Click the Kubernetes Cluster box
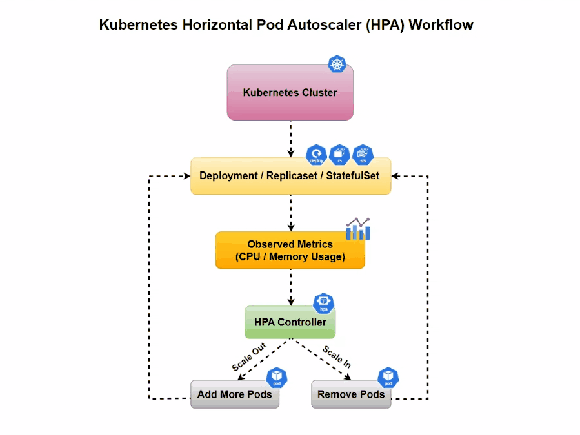pyautogui.click(x=290, y=93)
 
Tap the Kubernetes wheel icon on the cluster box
pyautogui.click(x=337, y=64)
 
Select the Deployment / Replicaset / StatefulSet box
pyautogui.click(x=290, y=176)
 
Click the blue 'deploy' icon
pyautogui.click(x=316, y=155)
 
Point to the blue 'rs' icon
pyautogui.click(x=339, y=155)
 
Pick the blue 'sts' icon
pyautogui.click(x=363, y=155)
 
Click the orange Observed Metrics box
pyautogui.click(x=290, y=251)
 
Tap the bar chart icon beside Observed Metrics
pyautogui.click(x=358, y=229)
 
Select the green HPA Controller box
pyautogui.click(x=290, y=322)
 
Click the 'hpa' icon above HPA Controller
pyautogui.click(x=323, y=302)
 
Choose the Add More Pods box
pyautogui.click(x=235, y=394)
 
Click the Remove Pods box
pyautogui.click(x=351, y=394)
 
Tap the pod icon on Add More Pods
pyautogui.click(x=277, y=377)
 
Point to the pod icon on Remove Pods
pyautogui.click(x=388, y=377)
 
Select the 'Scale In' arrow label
pyautogui.click(x=337, y=356)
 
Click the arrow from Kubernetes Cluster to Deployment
pyautogui.click(x=291, y=139)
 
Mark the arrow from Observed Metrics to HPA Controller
pyautogui.click(x=291, y=287)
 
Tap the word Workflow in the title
pyautogui.click(x=441, y=25)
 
